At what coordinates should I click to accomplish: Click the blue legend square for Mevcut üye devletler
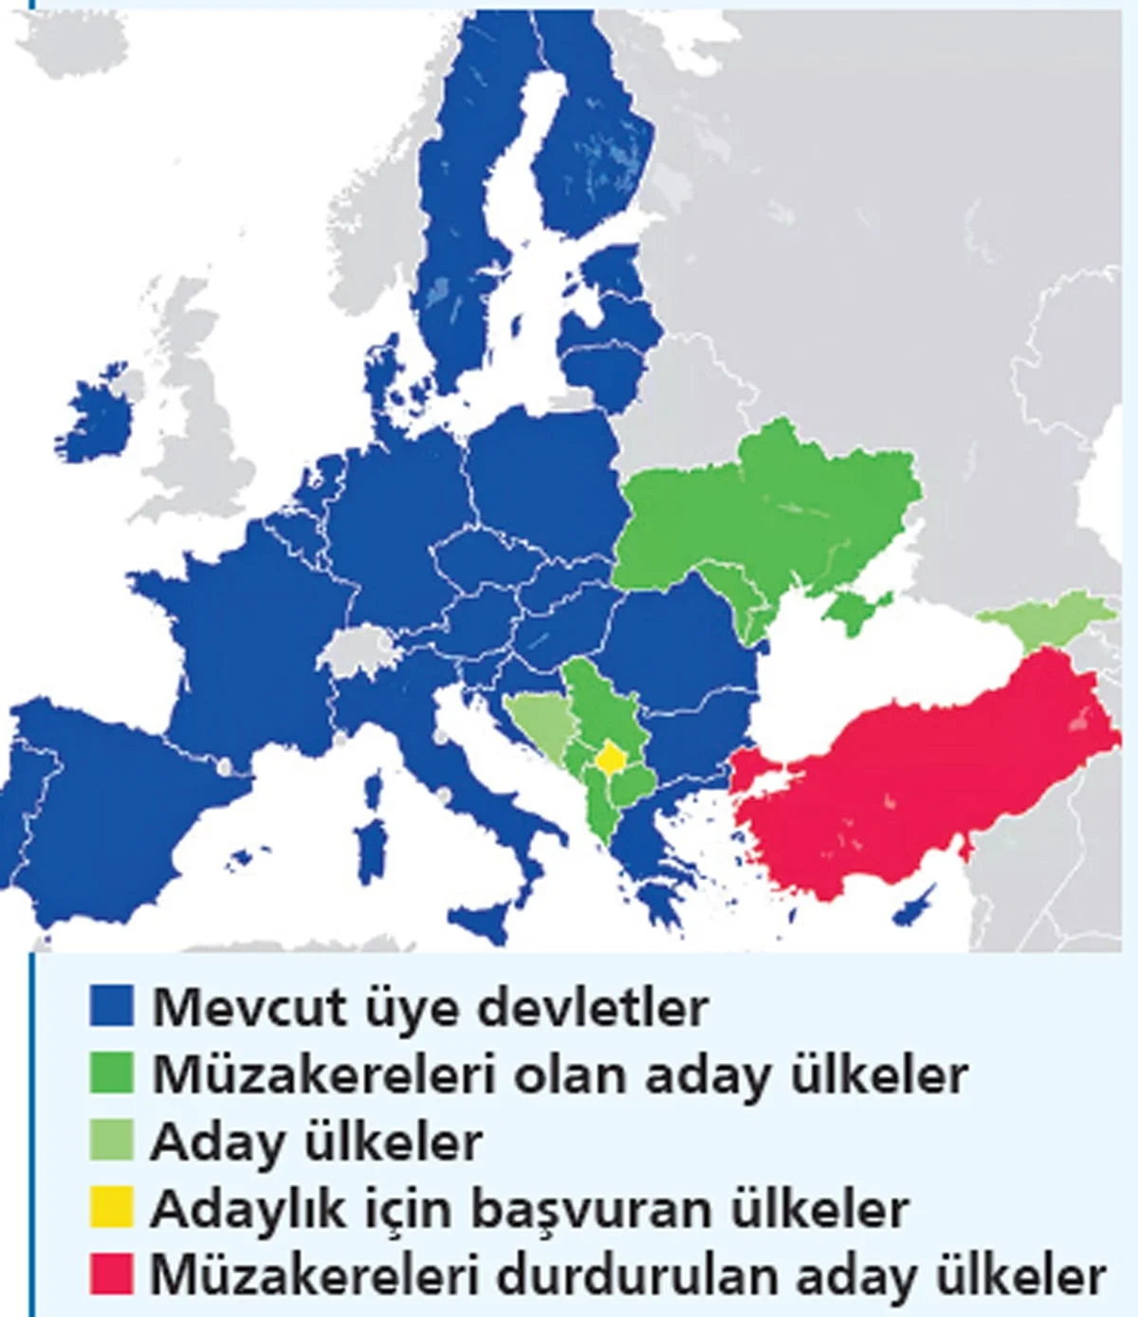111,1005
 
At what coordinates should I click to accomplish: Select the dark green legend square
111,1072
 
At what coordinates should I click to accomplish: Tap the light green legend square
111,1141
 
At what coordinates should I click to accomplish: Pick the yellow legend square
111,1207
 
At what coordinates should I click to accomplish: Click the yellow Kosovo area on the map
609,757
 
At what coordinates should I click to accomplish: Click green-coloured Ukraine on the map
778,512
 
